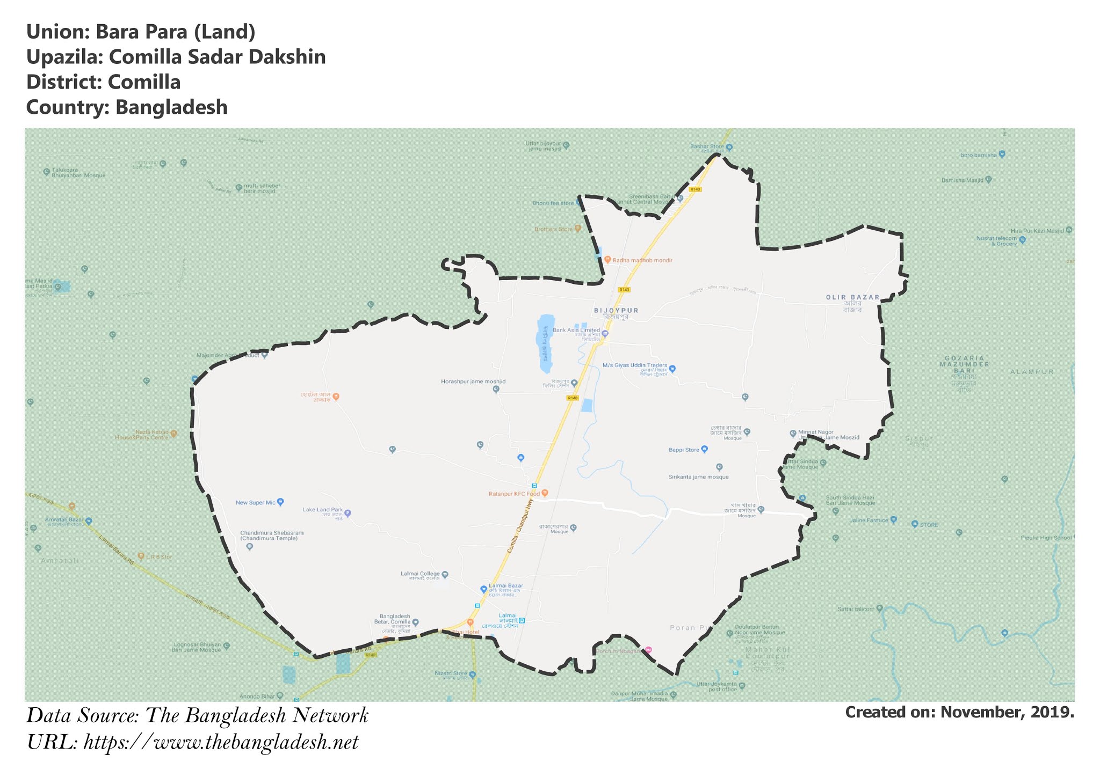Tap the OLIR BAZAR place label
852,297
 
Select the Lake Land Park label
322,510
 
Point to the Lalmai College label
420,574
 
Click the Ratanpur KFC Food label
514,494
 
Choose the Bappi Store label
684,450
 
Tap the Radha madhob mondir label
642,260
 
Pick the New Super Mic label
255,503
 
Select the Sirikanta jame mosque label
698,477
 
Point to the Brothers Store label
553,229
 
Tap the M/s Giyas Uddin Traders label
634,365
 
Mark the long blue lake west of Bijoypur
545,343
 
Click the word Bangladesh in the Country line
171,107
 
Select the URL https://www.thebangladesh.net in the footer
221,743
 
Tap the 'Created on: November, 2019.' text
959,712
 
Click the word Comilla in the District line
144,82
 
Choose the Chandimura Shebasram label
272,536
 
